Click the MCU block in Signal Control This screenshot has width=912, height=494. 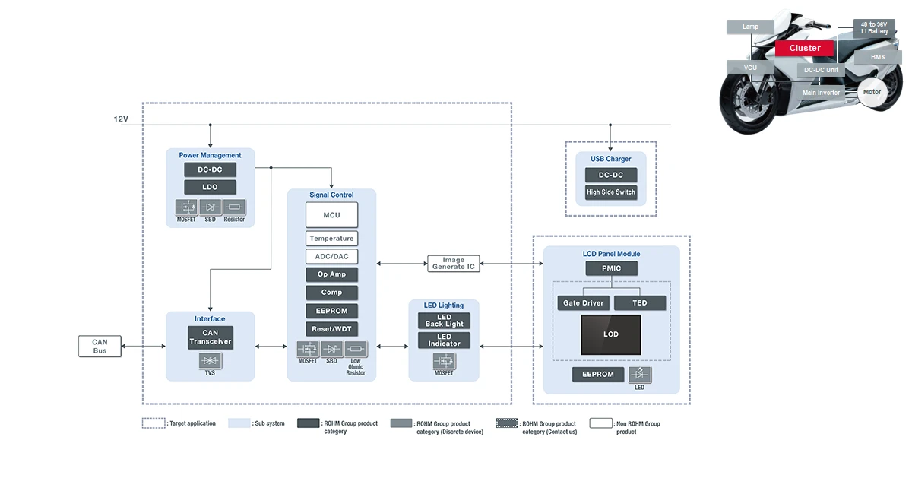[331, 215]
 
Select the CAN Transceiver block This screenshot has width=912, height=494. [210, 337]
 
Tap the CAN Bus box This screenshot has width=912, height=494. [100, 346]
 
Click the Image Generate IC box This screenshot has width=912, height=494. [453, 264]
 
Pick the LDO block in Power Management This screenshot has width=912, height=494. [210, 187]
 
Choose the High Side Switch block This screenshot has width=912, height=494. [610, 192]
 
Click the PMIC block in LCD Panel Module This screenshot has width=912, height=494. [611, 268]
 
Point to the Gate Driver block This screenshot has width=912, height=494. [584, 302]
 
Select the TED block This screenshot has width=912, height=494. [640, 302]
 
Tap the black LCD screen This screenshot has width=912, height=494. [611, 334]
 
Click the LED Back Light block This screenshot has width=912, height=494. [444, 321]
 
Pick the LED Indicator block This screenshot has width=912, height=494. [444, 340]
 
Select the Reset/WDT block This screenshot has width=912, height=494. [331, 329]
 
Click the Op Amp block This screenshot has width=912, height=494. [331, 274]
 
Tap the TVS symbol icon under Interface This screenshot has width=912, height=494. [210, 362]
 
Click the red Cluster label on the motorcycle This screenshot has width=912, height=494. [804, 48]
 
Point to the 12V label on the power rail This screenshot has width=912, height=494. [121, 119]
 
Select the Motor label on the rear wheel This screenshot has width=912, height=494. [872, 92]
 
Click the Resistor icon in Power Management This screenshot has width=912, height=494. [234, 207]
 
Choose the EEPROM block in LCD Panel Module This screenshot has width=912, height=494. [598, 374]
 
